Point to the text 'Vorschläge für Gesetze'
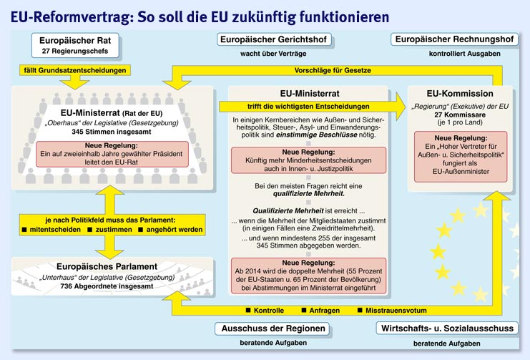[333, 70]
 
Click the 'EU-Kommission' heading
[460, 94]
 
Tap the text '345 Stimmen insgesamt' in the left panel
[104, 132]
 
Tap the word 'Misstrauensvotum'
[395, 311]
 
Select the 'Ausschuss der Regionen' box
[272, 329]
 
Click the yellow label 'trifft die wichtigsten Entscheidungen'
[309, 107]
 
